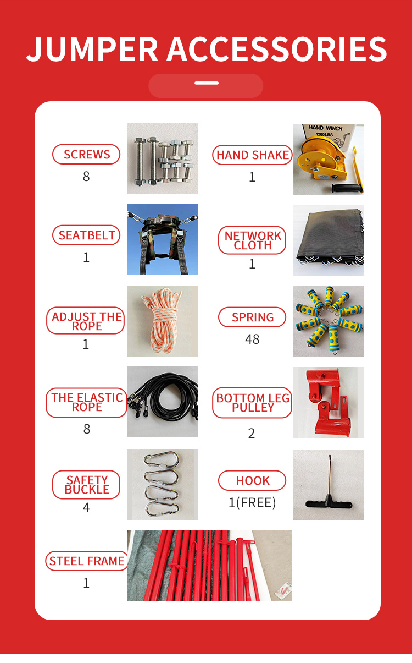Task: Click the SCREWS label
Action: [86, 155]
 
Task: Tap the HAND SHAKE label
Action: [252, 155]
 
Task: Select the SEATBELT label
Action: [86, 235]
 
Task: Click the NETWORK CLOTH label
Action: [252, 240]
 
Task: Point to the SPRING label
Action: [252, 317]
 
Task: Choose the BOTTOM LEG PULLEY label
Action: [252, 403]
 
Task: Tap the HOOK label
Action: [252, 481]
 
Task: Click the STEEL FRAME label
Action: [86, 561]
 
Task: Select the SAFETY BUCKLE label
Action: [86, 484]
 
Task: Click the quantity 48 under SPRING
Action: [252, 339]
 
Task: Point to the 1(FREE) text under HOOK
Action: [252, 503]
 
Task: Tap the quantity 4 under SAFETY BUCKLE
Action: [86, 507]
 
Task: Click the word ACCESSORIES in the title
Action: [277, 49]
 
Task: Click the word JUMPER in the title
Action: [93, 49]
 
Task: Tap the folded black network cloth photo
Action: [328, 240]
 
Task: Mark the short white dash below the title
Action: [206, 84]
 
